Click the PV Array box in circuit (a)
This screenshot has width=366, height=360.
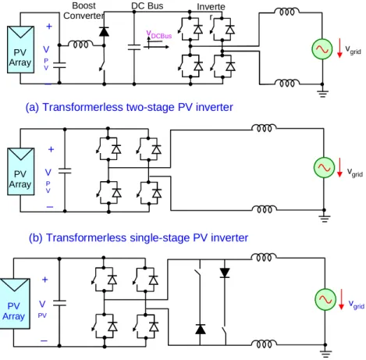[20, 49]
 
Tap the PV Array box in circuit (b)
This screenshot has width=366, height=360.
[21, 171]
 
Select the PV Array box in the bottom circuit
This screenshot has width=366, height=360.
[15, 304]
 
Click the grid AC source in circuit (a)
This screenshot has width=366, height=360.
[322, 49]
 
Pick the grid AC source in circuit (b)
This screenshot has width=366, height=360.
[324, 168]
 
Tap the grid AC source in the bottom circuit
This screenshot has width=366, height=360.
[325, 299]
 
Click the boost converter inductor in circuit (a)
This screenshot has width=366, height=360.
[80, 45]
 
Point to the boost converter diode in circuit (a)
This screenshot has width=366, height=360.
[104, 31]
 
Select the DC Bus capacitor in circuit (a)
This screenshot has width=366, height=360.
[134, 47]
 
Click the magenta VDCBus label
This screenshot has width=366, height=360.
[159, 34]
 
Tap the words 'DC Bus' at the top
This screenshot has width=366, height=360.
[147, 5]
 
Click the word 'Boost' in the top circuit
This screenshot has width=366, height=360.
[84, 5]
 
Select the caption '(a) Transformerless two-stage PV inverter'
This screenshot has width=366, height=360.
[130, 107]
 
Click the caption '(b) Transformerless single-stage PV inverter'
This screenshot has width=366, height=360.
[138, 238]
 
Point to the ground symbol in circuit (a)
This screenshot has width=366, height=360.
[322, 93]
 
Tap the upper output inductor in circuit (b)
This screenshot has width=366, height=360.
[264, 128]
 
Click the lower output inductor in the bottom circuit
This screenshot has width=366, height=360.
[264, 344]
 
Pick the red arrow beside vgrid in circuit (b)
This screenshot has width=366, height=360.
[339, 167]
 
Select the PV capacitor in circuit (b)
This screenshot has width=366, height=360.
[65, 171]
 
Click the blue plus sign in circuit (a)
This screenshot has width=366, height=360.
[49, 27]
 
